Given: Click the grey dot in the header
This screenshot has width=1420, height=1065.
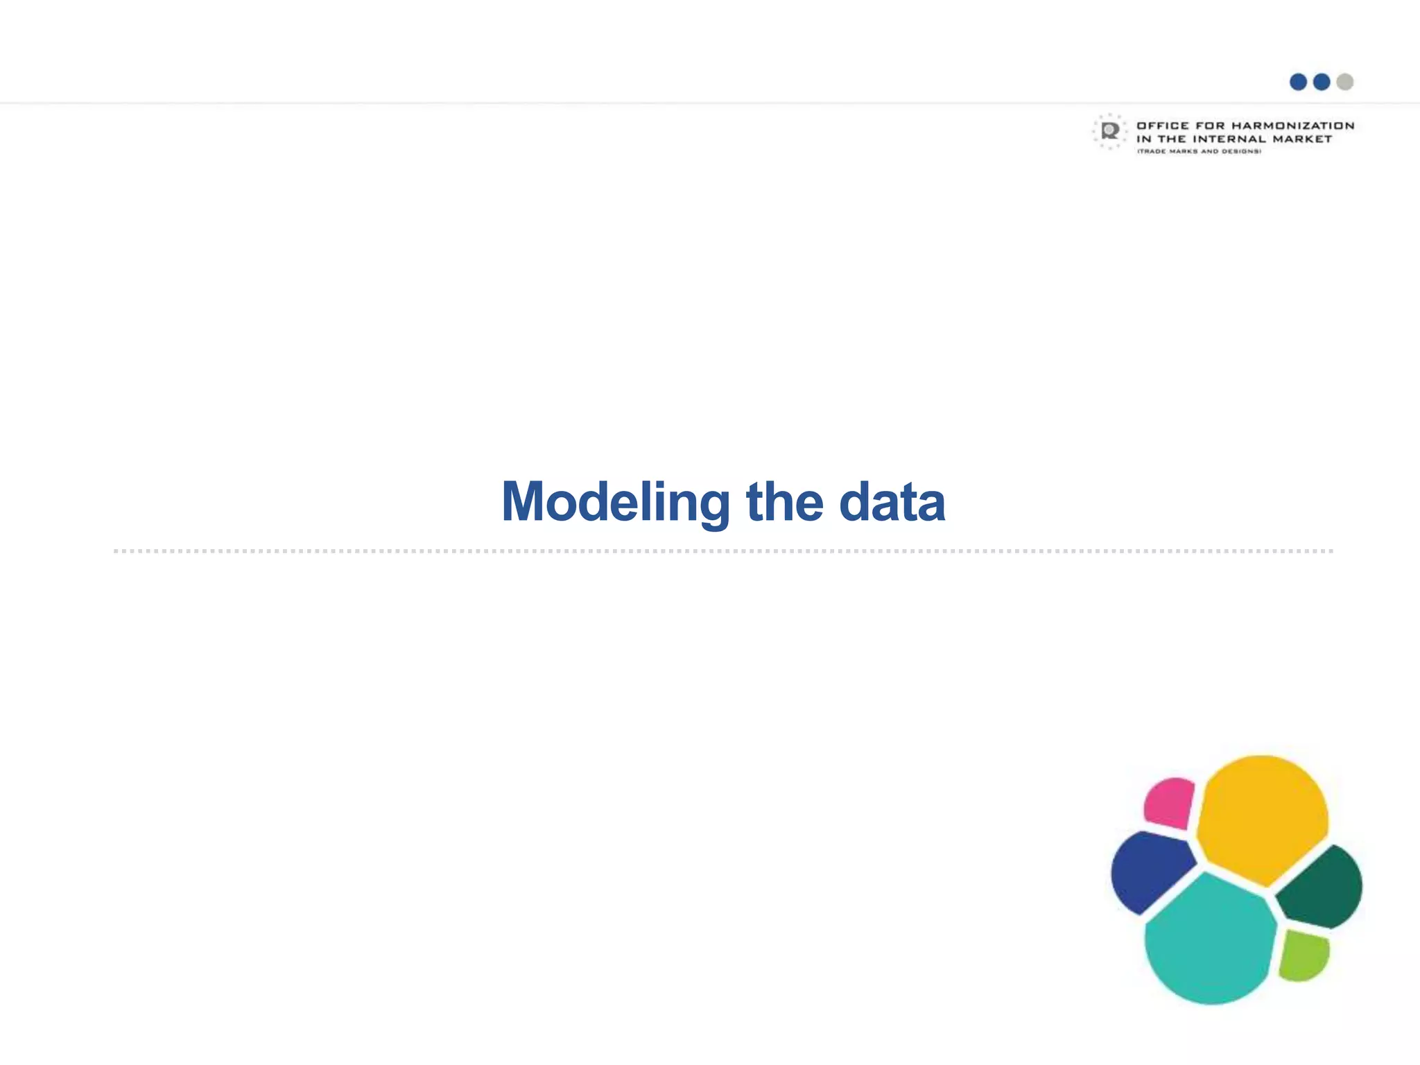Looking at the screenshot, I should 1344,82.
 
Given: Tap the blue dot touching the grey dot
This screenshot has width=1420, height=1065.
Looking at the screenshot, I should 1322,82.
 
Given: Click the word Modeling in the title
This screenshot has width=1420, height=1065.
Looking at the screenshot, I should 615,503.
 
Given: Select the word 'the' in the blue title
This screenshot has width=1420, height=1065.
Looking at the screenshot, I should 784,501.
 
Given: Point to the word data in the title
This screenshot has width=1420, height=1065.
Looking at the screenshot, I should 892,501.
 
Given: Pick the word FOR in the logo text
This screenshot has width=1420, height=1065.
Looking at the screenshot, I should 1210,125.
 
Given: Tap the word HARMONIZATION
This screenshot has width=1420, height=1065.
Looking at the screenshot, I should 1292,125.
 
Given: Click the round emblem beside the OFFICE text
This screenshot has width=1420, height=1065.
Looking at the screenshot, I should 1110,131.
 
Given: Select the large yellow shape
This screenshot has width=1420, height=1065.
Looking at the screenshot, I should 1262,818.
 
